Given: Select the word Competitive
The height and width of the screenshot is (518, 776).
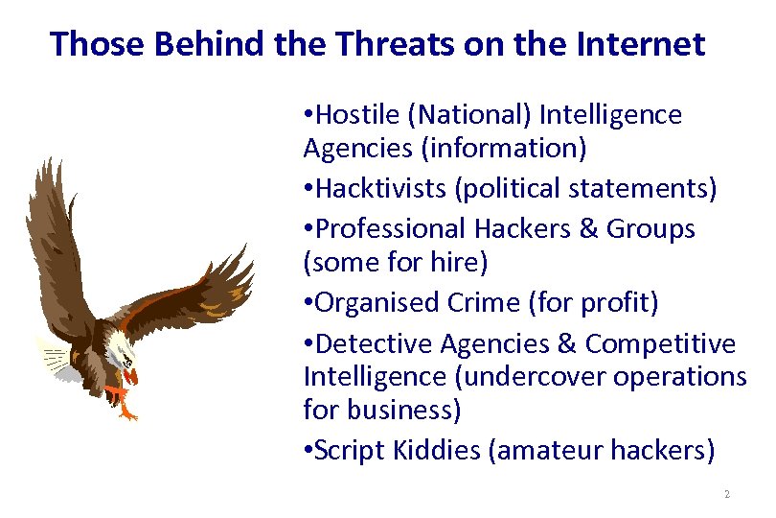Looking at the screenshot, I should click(x=661, y=343).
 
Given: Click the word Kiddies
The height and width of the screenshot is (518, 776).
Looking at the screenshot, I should click(x=435, y=451).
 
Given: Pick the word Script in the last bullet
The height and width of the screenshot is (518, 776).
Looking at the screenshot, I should click(x=349, y=451).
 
